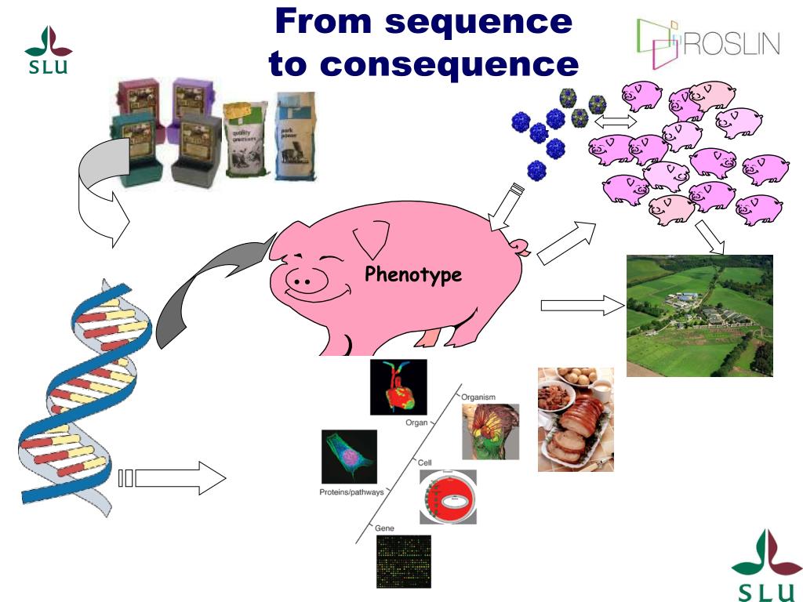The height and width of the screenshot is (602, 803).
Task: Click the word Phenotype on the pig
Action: (x=413, y=275)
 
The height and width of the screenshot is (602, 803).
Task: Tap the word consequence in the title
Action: (x=423, y=63)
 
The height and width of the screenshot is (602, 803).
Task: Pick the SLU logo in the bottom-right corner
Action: (x=757, y=564)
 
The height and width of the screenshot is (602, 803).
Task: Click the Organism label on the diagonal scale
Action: (x=478, y=397)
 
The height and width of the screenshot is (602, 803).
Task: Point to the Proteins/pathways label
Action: (x=351, y=492)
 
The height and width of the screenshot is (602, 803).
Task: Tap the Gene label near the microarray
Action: (x=384, y=528)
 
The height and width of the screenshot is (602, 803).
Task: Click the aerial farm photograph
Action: (x=699, y=315)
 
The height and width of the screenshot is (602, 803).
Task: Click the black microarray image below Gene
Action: (x=403, y=561)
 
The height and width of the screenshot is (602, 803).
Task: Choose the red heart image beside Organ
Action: (x=398, y=387)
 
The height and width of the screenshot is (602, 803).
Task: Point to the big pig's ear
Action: (x=372, y=235)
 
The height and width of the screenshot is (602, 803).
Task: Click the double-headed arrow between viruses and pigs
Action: (x=616, y=122)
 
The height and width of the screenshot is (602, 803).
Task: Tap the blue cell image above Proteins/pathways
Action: (x=349, y=457)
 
